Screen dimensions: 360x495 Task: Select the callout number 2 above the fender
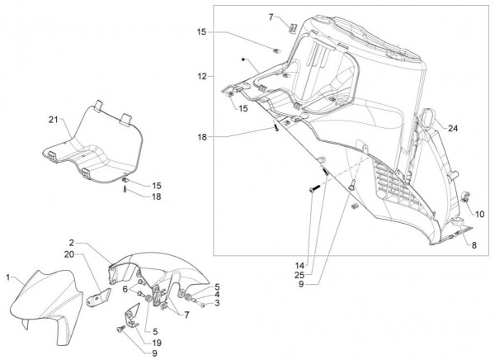point(73,243)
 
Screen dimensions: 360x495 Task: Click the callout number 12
point(201,76)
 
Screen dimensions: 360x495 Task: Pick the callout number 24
point(453,128)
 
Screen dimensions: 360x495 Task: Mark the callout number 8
point(474,246)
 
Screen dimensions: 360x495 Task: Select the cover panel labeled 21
point(91,144)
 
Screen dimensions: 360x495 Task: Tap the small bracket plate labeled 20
point(102,291)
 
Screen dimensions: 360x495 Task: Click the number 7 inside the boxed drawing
point(270,17)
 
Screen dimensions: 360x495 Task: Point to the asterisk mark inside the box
point(243,59)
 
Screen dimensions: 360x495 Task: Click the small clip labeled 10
point(466,197)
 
